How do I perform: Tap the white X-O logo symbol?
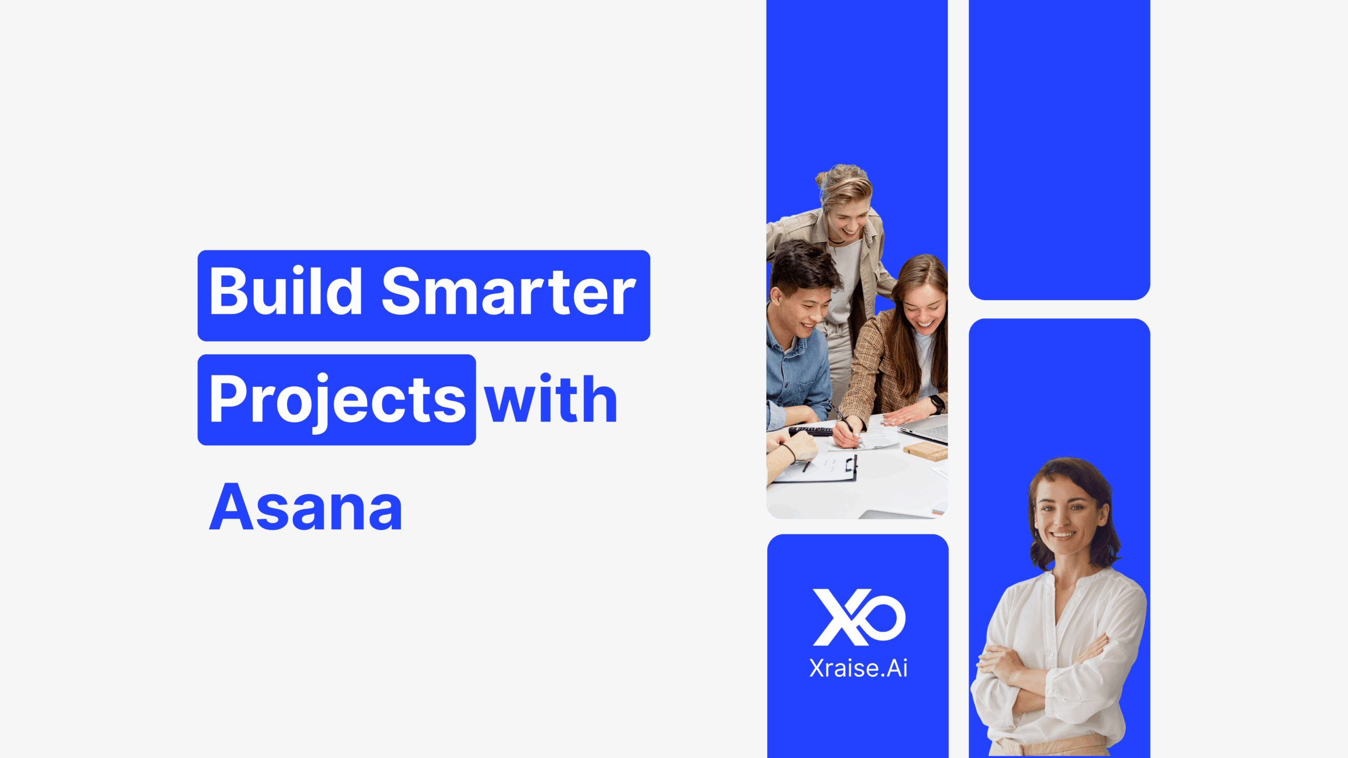[x=859, y=617]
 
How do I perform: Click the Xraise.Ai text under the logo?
[x=858, y=669]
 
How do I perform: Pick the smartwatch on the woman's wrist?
[x=937, y=404]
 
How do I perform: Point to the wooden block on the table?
[x=925, y=451]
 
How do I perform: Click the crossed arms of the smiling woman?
[x=1043, y=674]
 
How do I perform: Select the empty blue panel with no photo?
[x=1059, y=149]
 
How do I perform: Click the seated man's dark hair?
[x=802, y=266]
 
